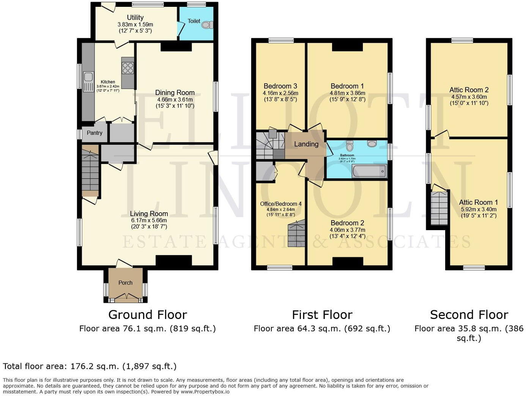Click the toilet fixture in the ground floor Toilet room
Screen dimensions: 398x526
207,25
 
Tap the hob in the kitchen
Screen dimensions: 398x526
128,68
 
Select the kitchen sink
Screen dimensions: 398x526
88,77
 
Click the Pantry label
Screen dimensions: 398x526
94,133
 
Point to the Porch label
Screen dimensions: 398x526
125,283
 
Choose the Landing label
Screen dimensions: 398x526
306,144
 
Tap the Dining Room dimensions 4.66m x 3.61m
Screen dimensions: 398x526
175,99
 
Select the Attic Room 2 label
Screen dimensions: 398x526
469,90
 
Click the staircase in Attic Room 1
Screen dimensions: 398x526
439,208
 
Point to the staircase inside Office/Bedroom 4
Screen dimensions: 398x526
297,235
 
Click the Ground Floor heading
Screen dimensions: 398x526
147,315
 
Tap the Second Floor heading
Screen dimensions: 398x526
469,315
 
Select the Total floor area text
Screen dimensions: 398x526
90,366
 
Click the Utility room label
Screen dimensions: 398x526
135,17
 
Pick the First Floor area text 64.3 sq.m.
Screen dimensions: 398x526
322,329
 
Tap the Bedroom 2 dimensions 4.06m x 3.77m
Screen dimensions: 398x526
347,230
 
